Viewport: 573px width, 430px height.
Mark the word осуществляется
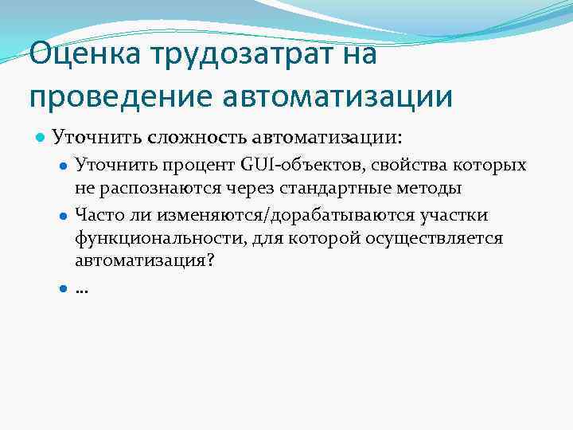(430, 238)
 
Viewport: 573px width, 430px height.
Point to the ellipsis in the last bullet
(81, 290)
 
